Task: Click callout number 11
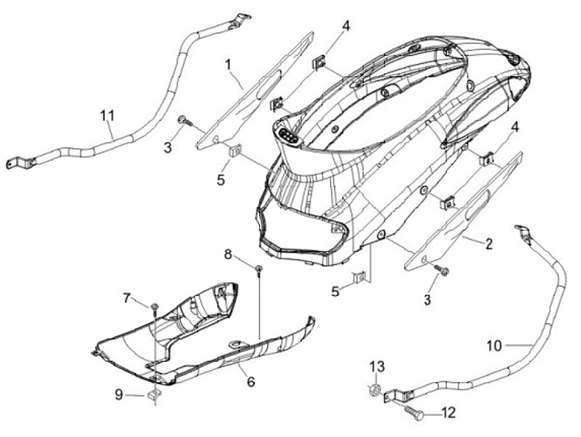(107, 116)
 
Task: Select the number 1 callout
(228, 63)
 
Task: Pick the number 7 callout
(127, 298)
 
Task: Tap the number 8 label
(228, 254)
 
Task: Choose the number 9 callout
(118, 395)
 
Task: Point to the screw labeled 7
(153, 306)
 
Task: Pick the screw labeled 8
(257, 268)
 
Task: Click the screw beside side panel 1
(183, 120)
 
